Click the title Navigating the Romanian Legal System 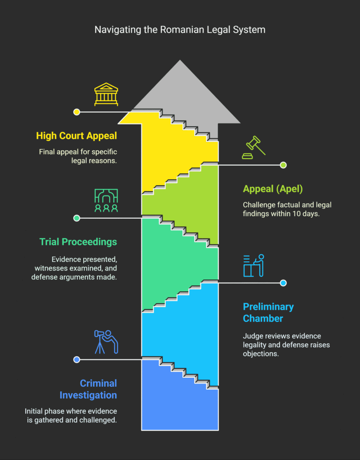pos(180,30)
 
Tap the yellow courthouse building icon pos(106,94)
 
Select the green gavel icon pos(253,147)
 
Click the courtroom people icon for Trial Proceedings pos(106,200)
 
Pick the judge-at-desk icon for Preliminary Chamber pos(254,265)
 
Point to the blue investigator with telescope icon pos(106,342)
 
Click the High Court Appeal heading pos(76,136)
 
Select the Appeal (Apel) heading pos(273,189)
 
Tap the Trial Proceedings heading pos(78,242)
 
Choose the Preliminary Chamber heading pos(268,313)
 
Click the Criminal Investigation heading pos(88,389)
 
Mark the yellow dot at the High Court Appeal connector pos(76,112)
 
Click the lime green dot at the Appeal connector pos(283,165)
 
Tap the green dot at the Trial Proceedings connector pos(76,218)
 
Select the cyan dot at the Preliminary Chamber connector pos(283,283)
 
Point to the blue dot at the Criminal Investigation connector pos(76,359)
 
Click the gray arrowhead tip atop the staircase pos(180,60)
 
